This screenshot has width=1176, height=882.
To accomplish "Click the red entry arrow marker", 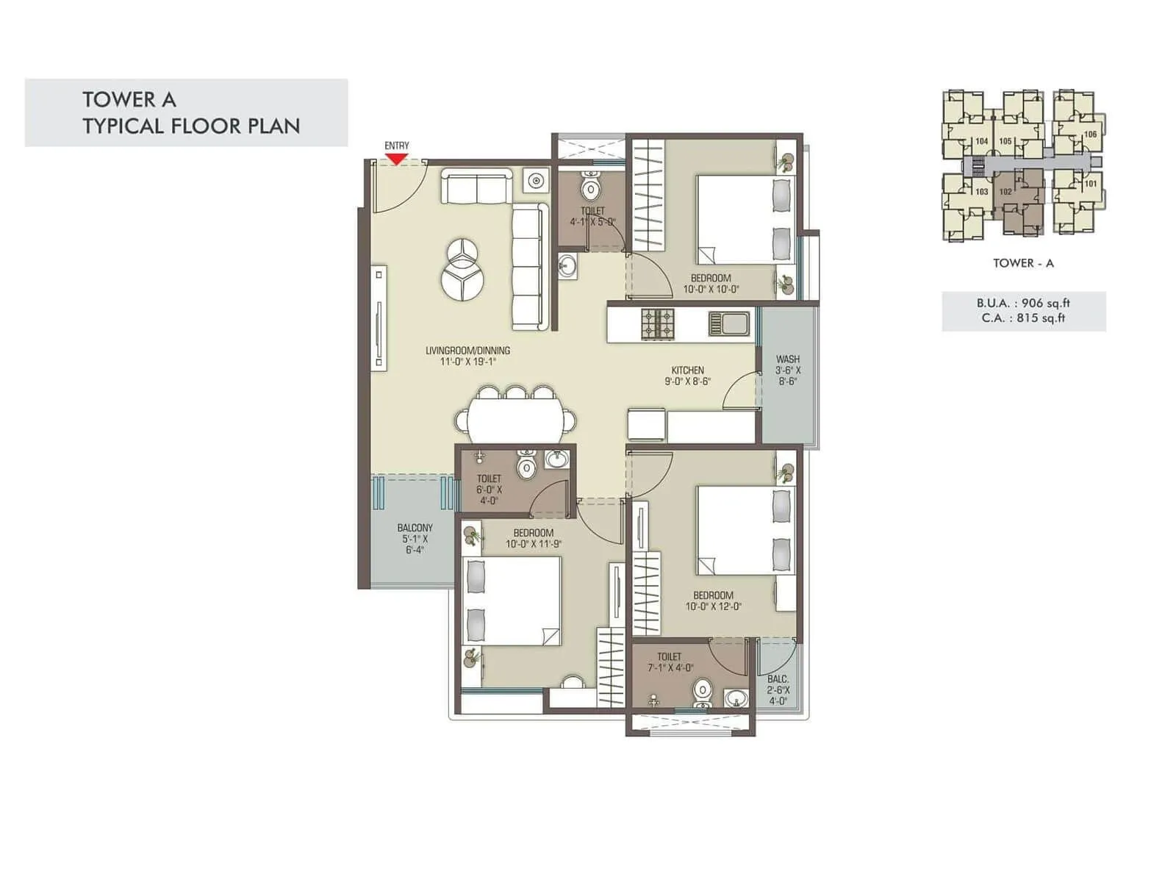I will [x=396, y=159].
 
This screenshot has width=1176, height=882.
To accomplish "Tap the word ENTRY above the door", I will [x=396, y=146].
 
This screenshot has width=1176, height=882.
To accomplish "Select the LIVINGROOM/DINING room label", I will [x=467, y=356].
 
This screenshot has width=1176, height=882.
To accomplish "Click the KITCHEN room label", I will [x=687, y=376].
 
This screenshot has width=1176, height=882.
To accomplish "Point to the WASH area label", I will [x=787, y=370].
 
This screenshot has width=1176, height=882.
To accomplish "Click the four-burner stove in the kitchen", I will [x=657, y=323].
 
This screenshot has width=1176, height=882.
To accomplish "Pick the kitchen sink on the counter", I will [x=729, y=323].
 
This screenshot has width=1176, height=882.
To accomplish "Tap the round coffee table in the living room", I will [x=462, y=268].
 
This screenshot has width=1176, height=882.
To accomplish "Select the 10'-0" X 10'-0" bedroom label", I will [x=711, y=284].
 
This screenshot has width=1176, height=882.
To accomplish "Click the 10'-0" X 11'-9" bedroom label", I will [x=534, y=539].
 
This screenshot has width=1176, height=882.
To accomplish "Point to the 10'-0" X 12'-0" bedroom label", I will [x=713, y=600].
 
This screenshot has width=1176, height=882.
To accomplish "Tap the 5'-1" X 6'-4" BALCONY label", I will [x=415, y=539].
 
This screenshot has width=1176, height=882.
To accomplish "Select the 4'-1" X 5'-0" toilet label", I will [x=592, y=217].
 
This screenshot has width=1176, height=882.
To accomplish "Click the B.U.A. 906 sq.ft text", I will [x=1023, y=303].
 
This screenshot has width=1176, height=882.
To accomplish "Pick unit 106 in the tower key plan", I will [x=1090, y=134].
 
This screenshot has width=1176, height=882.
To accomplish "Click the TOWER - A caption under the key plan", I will [x=1023, y=263].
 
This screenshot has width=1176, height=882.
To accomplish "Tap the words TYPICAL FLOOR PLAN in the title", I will [x=191, y=126].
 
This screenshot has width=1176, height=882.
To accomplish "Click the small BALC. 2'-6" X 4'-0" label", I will [x=778, y=690].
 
